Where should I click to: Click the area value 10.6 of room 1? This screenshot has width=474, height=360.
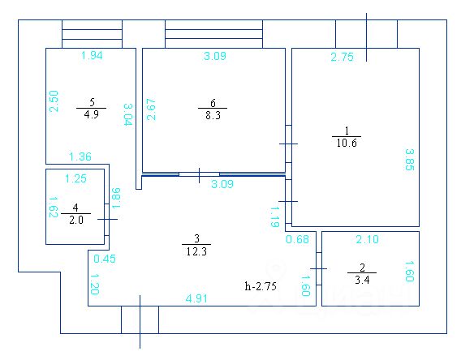(x=347, y=143)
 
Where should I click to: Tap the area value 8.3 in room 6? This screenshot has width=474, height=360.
(x=213, y=115)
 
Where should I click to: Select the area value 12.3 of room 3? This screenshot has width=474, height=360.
(x=196, y=251)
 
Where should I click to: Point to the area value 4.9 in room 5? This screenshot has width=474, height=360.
(x=91, y=115)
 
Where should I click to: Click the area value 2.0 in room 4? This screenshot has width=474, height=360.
(x=76, y=220)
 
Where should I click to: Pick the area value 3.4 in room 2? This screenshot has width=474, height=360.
(x=362, y=280)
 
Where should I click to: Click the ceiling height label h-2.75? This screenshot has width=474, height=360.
(x=261, y=286)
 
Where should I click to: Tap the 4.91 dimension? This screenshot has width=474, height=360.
(x=196, y=298)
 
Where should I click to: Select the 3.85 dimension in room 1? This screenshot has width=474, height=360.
(x=410, y=160)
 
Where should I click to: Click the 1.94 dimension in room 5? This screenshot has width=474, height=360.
(x=92, y=55)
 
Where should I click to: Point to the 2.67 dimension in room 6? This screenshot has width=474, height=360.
(x=151, y=109)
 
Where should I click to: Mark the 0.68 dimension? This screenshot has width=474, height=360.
(x=297, y=239)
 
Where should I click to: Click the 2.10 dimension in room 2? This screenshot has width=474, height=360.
(x=368, y=239)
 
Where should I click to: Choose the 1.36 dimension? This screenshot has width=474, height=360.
(x=80, y=156)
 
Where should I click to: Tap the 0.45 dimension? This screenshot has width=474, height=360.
(x=105, y=259)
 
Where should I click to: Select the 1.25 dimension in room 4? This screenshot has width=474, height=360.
(x=75, y=178)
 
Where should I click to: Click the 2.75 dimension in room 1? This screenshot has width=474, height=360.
(x=342, y=57)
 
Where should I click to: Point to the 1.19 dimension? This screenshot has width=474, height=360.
(x=275, y=216)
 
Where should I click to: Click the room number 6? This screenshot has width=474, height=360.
(x=213, y=103)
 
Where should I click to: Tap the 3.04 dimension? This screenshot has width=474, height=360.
(x=128, y=114)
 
